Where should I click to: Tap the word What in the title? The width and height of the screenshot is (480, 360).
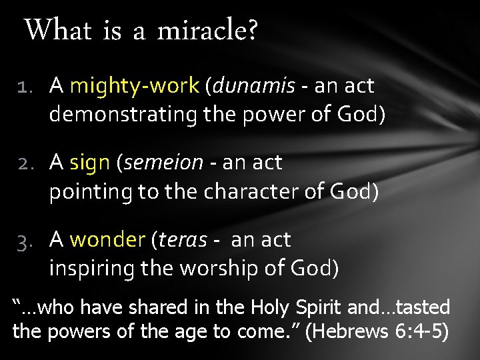click(x=58, y=29)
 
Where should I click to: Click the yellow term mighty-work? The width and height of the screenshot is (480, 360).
click(x=134, y=86)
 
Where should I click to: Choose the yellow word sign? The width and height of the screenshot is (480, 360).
click(x=90, y=163)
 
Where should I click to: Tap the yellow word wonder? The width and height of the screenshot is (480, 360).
click(x=107, y=239)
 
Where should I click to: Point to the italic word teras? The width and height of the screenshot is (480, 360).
click(x=182, y=239)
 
